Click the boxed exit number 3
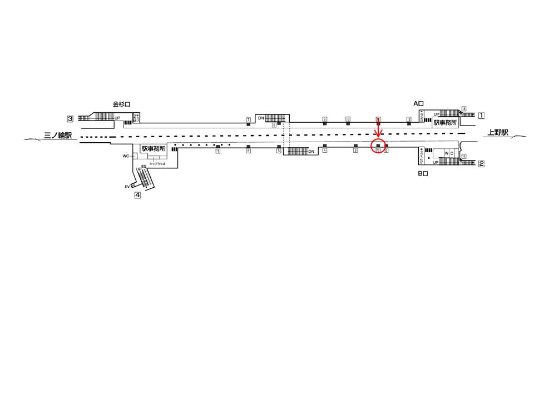click(x=70, y=118)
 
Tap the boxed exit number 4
click(x=137, y=195)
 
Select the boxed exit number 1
click(x=482, y=116)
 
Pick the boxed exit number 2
click(x=482, y=163)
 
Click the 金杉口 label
click(x=121, y=104)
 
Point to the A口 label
click(x=418, y=103)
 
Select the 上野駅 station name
click(x=498, y=132)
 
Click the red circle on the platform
click(x=378, y=147)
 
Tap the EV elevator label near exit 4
click(x=127, y=187)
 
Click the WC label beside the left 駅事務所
click(x=126, y=156)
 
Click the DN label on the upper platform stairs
click(x=260, y=118)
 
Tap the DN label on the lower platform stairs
click(x=311, y=151)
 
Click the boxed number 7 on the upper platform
click(x=248, y=119)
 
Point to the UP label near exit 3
click(x=117, y=118)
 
